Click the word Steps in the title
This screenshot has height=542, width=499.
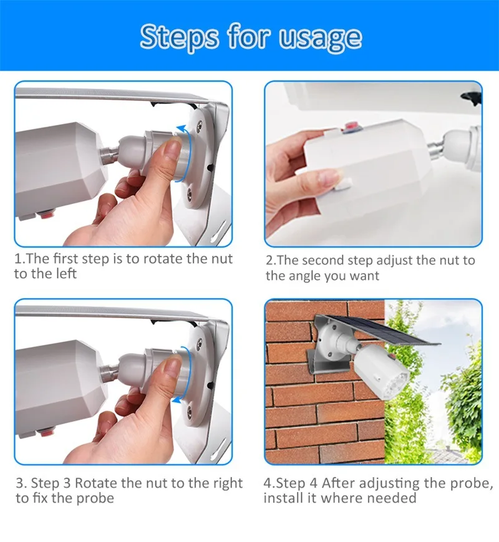click(x=179, y=37)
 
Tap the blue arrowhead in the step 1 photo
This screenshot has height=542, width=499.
click(x=182, y=129)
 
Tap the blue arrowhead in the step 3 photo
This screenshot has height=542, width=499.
click(x=177, y=400)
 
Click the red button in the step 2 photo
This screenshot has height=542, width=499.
click(x=351, y=125)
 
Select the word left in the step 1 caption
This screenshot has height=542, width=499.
click(x=65, y=273)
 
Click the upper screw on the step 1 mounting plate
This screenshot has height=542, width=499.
click(x=199, y=126)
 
